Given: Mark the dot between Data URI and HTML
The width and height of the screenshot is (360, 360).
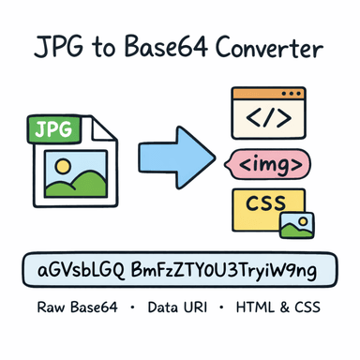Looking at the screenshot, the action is tap(229, 308).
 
